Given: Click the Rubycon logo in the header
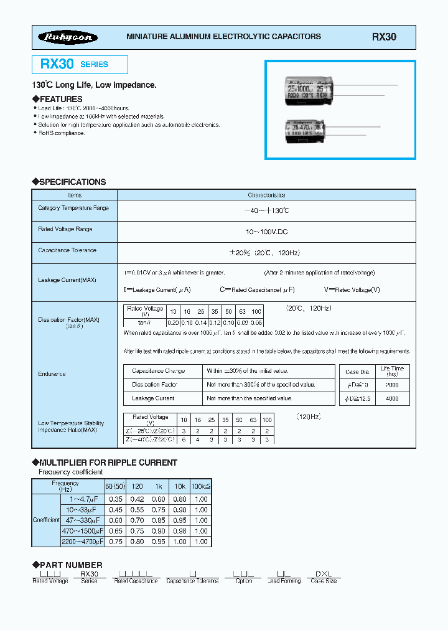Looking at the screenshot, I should [68, 37].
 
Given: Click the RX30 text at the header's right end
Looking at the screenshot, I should [384, 37].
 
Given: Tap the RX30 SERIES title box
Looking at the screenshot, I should [80, 65].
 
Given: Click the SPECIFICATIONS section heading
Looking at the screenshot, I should [72, 182].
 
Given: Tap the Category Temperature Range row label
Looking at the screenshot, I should [73, 208].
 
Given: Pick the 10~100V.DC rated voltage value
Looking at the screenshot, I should [266, 232].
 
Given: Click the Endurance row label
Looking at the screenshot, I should [52, 374].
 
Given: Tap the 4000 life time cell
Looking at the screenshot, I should [393, 398].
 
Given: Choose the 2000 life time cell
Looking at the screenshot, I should [393, 385].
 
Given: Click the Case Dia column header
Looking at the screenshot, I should [357, 372].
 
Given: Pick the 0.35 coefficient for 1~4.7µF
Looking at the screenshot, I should [115, 499].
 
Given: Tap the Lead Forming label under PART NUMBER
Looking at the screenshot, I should [284, 581].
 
